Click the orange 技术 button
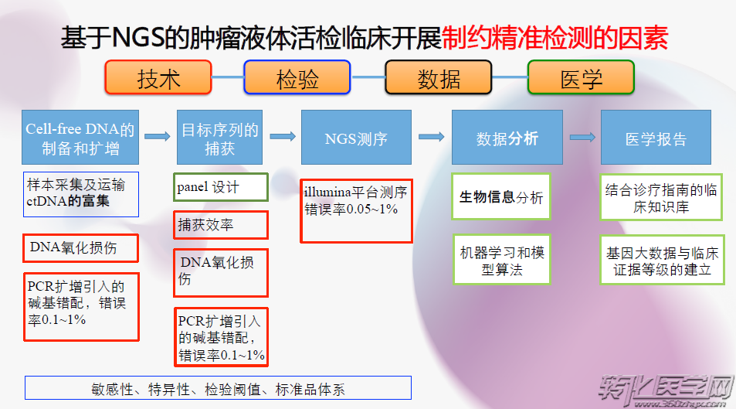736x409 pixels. (x=158, y=77)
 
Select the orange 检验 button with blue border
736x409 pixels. (x=297, y=77)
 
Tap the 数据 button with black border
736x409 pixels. (x=439, y=77)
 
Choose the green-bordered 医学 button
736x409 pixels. (x=581, y=77)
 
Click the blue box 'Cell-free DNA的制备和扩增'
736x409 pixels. (x=80, y=138)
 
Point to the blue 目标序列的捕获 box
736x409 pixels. (x=219, y=138)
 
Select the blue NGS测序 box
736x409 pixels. (x=356, y=138)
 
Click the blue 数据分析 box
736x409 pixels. (x=507, y=138)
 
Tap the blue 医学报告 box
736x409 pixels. (x=656, y=138)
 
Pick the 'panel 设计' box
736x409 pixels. (x=221, y=187)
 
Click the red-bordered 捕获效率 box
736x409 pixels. (x=221, y=225)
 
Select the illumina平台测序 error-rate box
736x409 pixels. (x=356, y=210)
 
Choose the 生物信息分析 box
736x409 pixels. (x=501, y=196)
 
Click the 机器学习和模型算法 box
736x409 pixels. (x=501, y=260)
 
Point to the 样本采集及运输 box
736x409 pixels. (x=81, y=194)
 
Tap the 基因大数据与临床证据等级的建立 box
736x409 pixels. (x=662, y=260)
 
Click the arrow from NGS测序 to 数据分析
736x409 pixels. (x=432, y=137)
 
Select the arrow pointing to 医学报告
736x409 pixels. (x=582, y=138)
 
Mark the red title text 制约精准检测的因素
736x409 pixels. (x=555, y=38)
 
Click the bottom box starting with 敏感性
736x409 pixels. (x=219, y=388)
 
